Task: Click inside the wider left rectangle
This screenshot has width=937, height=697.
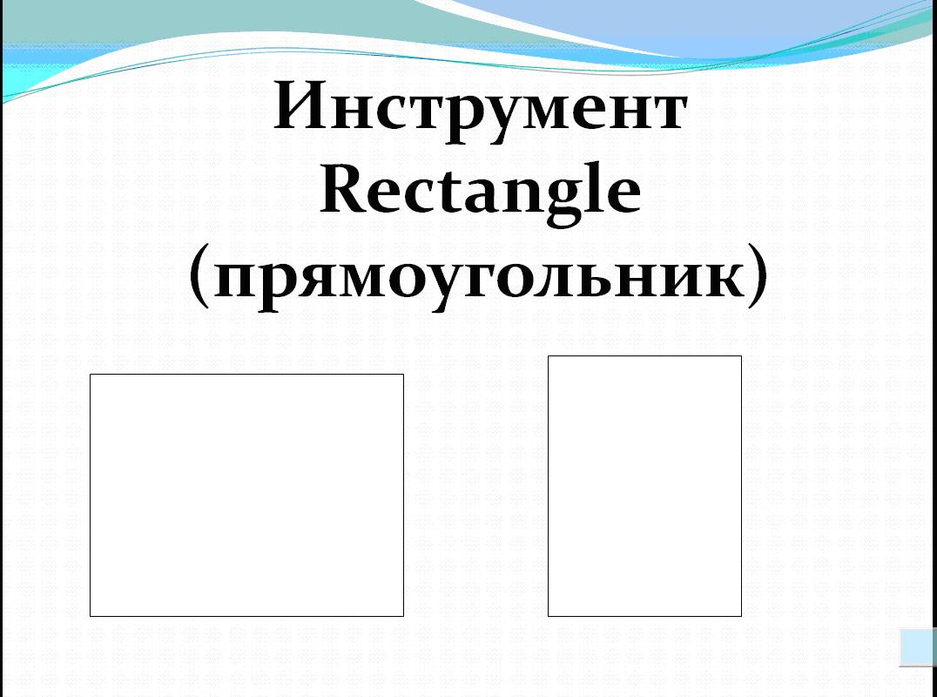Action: pos(246,495)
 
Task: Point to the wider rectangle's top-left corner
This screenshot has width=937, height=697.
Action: pos(91,375)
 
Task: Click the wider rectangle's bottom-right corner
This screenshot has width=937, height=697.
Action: pos(403,616)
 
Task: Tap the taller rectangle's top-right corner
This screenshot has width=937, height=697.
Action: pos(742,356)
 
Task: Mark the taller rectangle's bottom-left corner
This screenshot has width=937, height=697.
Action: pos(548,616)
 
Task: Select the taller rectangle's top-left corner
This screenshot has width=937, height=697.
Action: pos(548,356)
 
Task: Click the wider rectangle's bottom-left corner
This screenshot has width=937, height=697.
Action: pos(91,616)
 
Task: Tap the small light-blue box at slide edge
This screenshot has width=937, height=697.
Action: pos(918,646)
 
